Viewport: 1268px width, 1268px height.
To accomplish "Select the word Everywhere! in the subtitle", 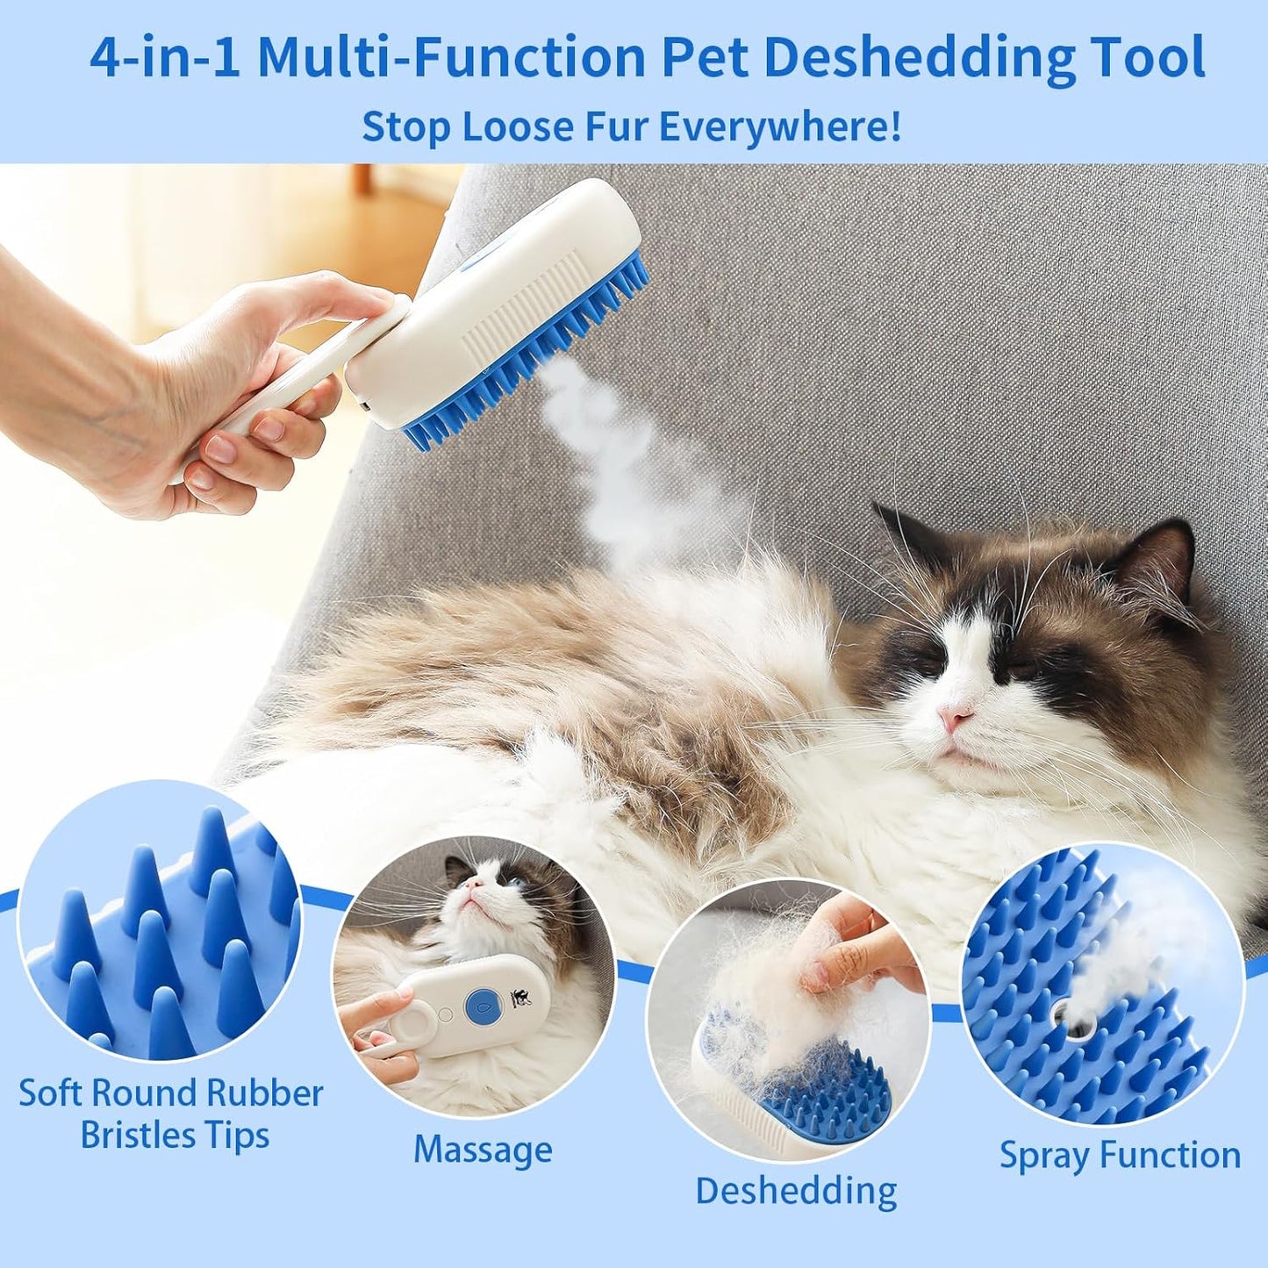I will pos(779,126).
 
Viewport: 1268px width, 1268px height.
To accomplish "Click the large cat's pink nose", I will pos(954,719).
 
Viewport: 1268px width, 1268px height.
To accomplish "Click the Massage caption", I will pos(483,1150).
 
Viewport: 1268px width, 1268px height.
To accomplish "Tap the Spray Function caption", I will pos(1120,1155).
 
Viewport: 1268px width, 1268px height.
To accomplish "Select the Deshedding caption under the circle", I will pos(796,1191).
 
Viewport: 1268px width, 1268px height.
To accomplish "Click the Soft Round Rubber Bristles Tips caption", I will pos(171,1114).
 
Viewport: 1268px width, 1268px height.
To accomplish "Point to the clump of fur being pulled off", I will pos(772,992).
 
